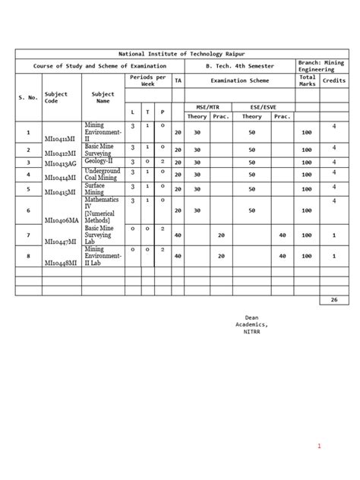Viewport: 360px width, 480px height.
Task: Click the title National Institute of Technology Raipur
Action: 180,55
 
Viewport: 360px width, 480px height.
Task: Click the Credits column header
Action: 333,80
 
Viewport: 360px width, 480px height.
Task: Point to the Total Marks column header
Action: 307,80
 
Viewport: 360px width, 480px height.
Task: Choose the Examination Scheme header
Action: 239,80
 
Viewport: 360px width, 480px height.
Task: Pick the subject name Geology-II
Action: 101,161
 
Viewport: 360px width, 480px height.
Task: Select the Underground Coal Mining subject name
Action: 103,175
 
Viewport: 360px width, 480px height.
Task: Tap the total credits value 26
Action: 333,300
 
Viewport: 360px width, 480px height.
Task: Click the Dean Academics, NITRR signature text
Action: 251,324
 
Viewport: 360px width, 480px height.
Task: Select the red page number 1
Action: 321,446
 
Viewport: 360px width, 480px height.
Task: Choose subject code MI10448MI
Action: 63,262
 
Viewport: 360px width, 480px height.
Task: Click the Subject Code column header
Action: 56,97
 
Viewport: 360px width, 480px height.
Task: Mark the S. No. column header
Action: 28,97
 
